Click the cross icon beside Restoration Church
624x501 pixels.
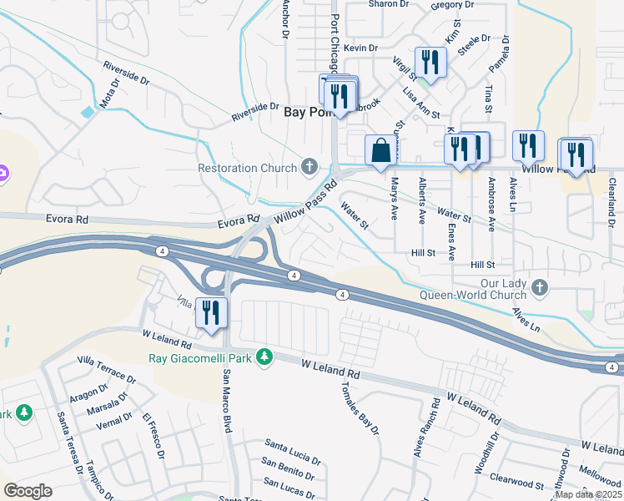(310, 167)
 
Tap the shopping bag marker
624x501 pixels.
(380, 151)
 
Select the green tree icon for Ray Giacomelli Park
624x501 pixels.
(264, 357)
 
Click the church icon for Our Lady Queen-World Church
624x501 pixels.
(540, 288)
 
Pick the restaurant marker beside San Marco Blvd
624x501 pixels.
(211, 312)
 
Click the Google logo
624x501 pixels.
(28, 491)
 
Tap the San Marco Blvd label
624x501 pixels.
(226, 401)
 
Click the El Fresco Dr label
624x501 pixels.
(153, 434)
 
